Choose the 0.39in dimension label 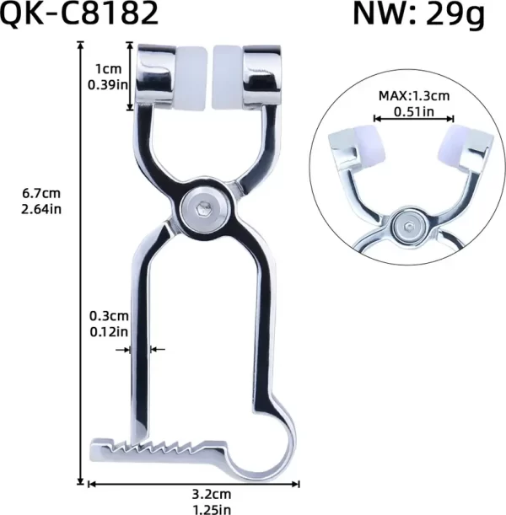pos(105,84)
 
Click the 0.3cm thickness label pos(109,316)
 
